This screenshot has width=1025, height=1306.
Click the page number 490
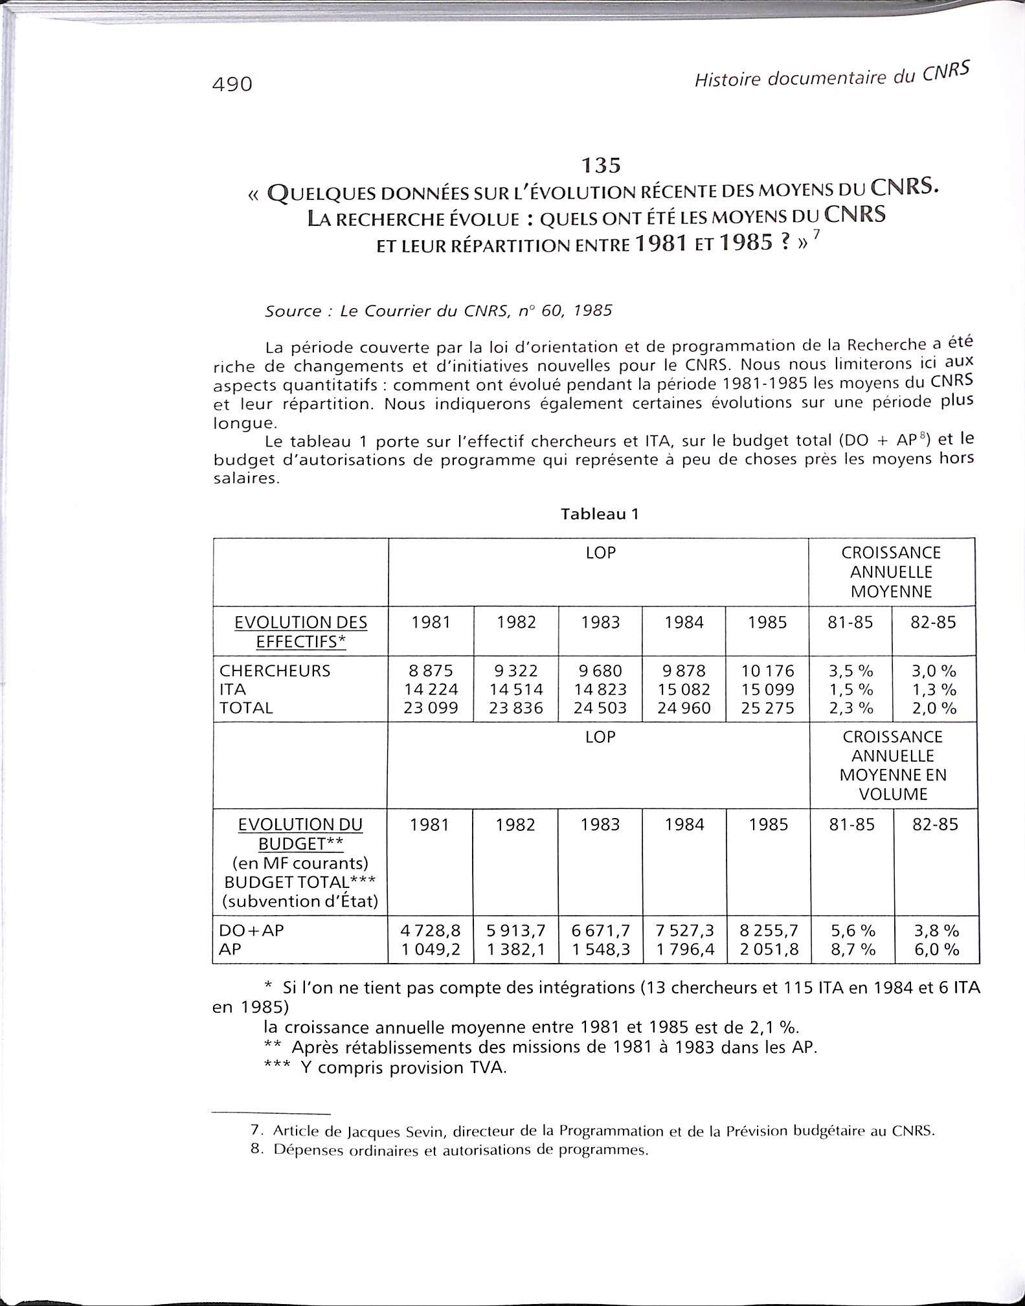(x=232, y=84)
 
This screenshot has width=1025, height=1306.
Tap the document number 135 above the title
(x=600, y=166)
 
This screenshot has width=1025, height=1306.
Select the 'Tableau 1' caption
(x=600, y=514)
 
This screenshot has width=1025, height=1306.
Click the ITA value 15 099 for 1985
(x=767, y=689)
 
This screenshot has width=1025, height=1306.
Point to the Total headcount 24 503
(x=600, y=708)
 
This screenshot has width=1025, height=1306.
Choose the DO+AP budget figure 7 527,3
(x=684, y=931)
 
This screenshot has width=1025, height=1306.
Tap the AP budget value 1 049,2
(x=431, y=949)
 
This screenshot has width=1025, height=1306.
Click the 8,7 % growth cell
(x=853, y=949)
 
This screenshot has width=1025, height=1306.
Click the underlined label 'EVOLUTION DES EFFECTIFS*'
(x=300, y=632)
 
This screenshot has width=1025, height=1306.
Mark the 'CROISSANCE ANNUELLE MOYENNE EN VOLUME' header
(x=893, y=765)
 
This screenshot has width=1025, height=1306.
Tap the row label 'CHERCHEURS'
(x=275, y=670)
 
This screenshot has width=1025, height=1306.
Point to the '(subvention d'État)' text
(x=300, y=901)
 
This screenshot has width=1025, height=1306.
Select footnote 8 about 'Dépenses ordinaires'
(x=453, y=1151)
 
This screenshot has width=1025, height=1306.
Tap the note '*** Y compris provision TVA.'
(x=385, y=1067)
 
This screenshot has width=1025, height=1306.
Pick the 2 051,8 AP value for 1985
(x=769, y=949)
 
